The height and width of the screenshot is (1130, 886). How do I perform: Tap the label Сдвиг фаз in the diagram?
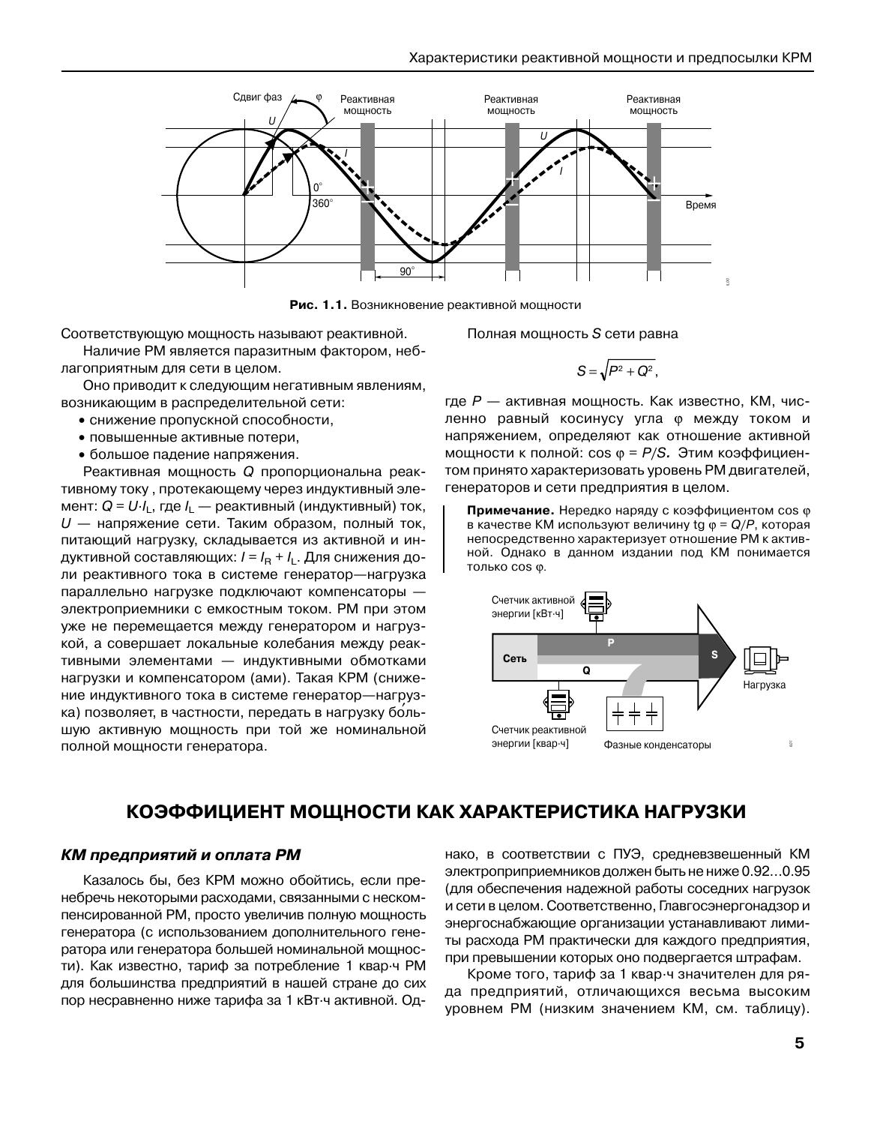tap(257, 97)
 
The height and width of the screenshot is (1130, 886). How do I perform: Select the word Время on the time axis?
tap(701, 205)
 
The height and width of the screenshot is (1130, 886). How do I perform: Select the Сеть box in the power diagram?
tap(514, 658)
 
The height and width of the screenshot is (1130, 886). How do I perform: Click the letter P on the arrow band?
tap(610, 643)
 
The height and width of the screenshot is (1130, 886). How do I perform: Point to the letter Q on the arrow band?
tap(586, 671)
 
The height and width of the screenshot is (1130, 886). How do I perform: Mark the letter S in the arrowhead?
tap(714, 655)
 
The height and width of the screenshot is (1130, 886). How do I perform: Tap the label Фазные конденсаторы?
tap(657, 745)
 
